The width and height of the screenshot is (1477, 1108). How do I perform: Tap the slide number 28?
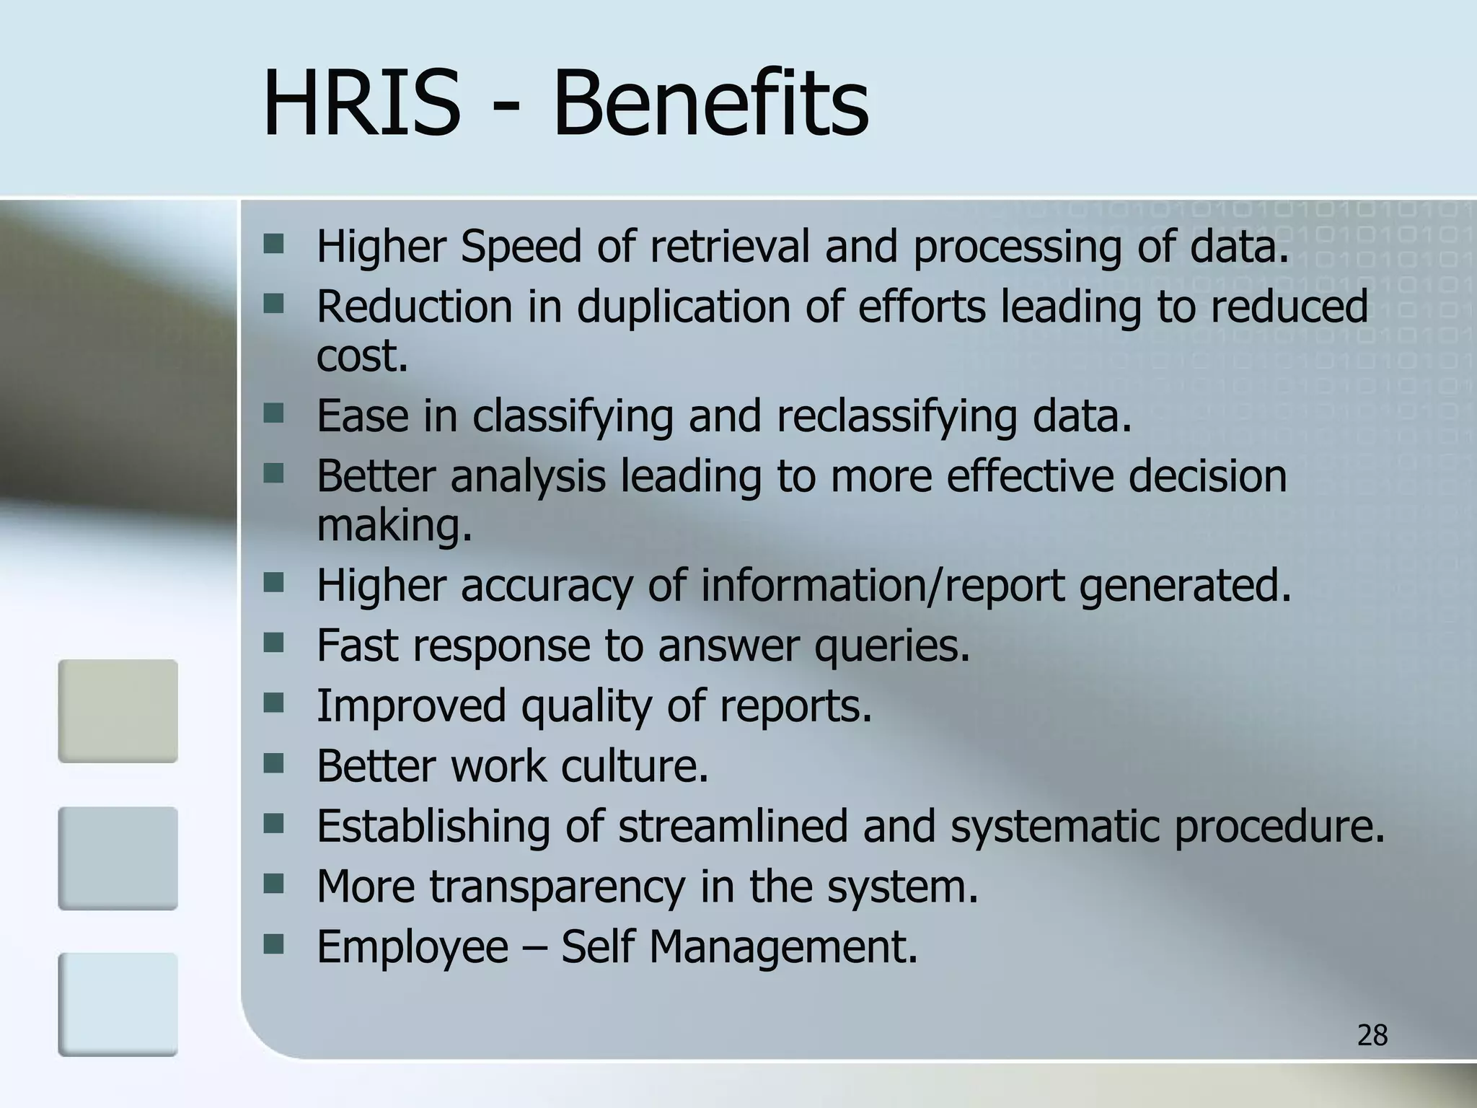1372,1035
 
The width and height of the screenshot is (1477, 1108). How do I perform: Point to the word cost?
362,356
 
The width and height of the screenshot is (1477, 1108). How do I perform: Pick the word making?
394,526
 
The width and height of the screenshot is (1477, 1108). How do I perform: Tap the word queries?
891,645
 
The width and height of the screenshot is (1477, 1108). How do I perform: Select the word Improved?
411,705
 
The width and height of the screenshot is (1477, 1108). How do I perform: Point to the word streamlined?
733,825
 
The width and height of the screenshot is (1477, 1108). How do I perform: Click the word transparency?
557,886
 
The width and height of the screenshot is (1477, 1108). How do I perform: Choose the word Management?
783,946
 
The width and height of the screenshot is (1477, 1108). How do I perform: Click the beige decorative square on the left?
118,711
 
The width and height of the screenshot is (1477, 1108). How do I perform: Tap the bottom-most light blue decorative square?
118,1004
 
